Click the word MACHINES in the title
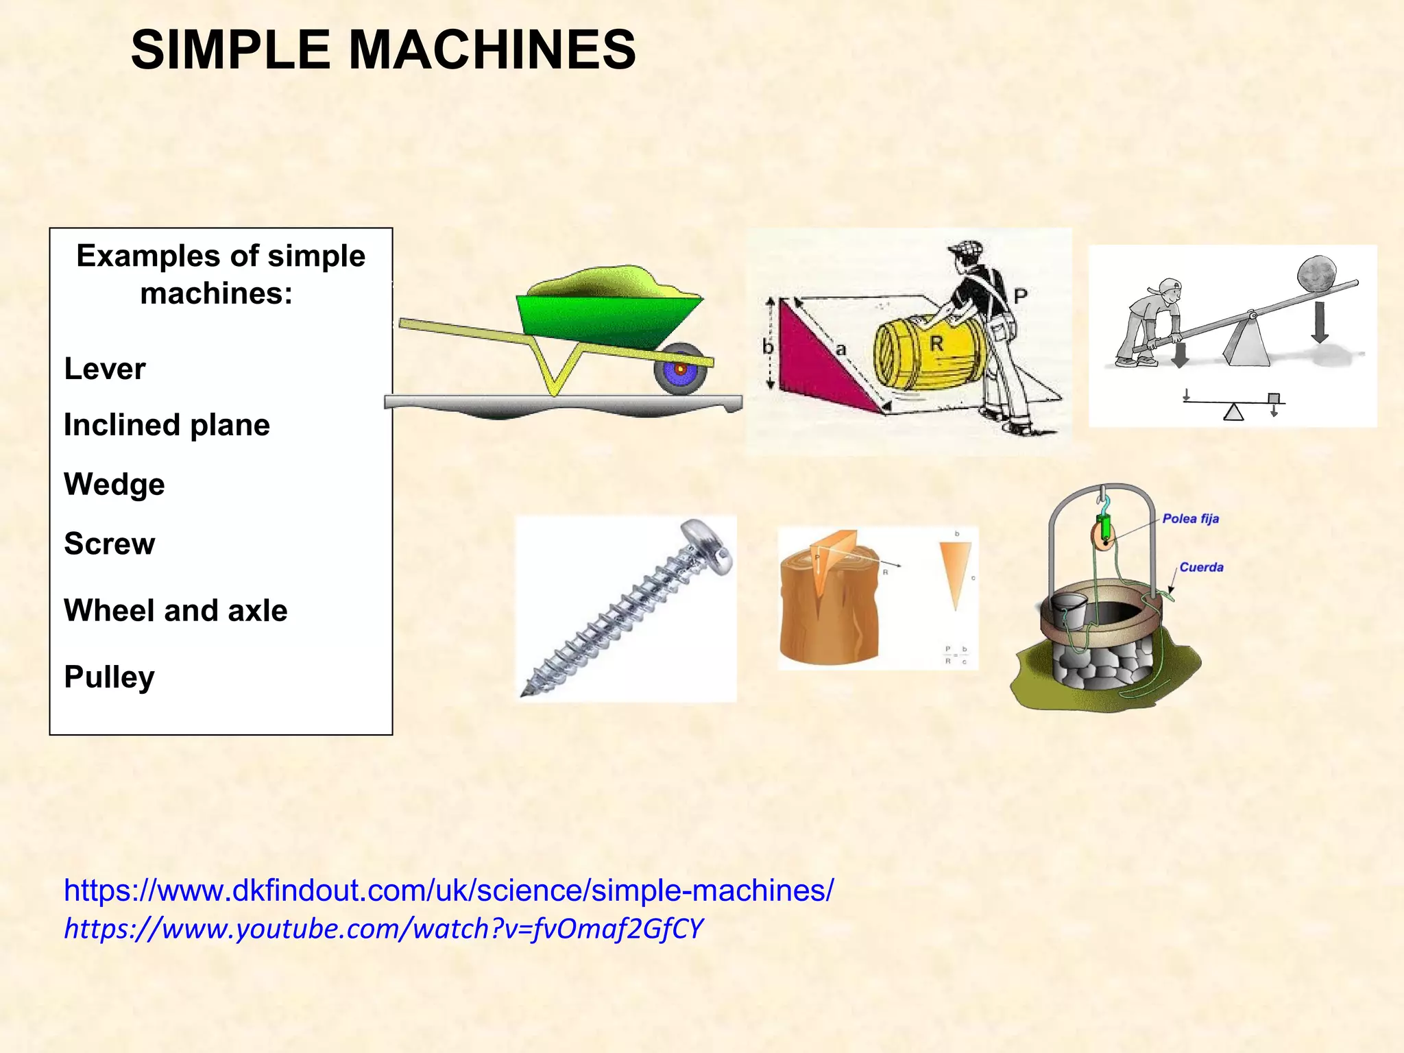point(492,49)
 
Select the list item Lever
point(105,369)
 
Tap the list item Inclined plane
point(167,425)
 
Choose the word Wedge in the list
point(114,484)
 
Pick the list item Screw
point(110,544)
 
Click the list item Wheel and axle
point(175,610)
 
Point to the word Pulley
point(110,677)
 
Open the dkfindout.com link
point(448,890)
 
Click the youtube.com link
point(384,928)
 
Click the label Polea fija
point(1190,519)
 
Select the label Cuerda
point(1201,567)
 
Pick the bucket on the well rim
point(1069,610)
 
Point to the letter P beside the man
point(1020,296)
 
